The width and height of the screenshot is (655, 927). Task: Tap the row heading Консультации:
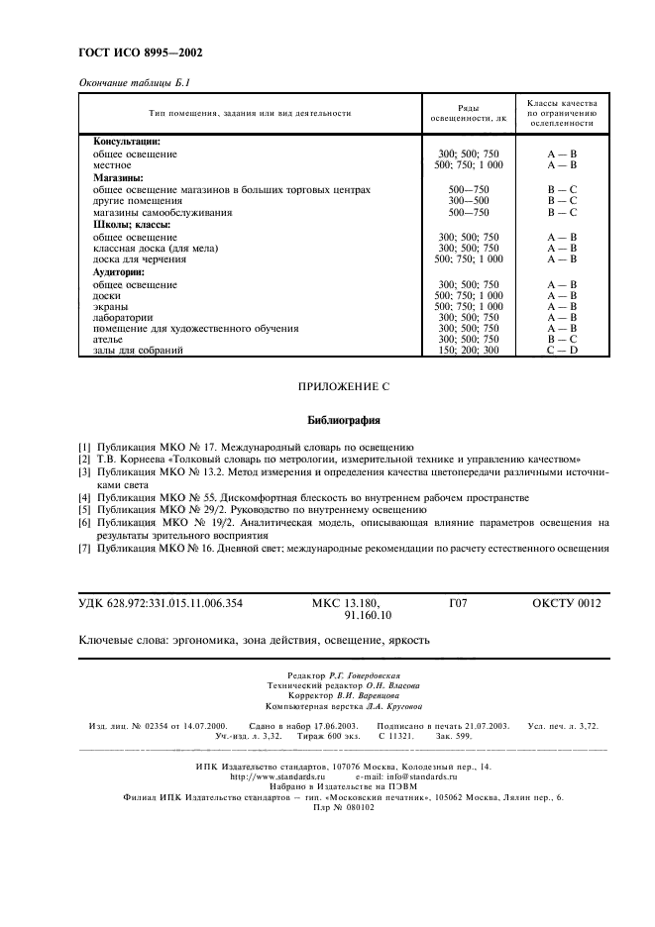[x=127, y=142]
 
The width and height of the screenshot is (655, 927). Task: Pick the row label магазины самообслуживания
[x=163, y=212]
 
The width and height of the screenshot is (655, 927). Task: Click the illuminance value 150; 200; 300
[x=470, y=350]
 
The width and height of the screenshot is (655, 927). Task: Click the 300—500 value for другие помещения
[x=469, y=200]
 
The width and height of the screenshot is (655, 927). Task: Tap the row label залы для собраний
[x=138, y=350]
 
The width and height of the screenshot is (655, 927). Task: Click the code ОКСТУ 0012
[x=566, y=601]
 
